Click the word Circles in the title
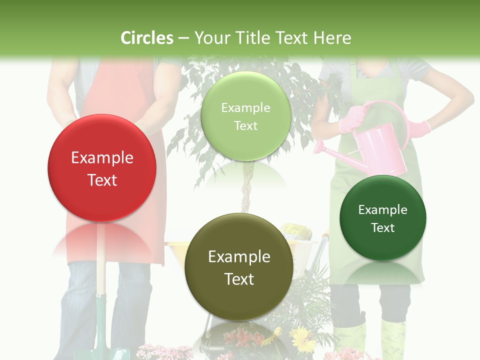click(x=147, y=38)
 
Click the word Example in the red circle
click(x=102, y=158)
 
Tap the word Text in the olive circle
click(x=239, y=279)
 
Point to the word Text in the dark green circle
click(x=383, y=228)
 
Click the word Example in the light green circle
click(x=246, y=108)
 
